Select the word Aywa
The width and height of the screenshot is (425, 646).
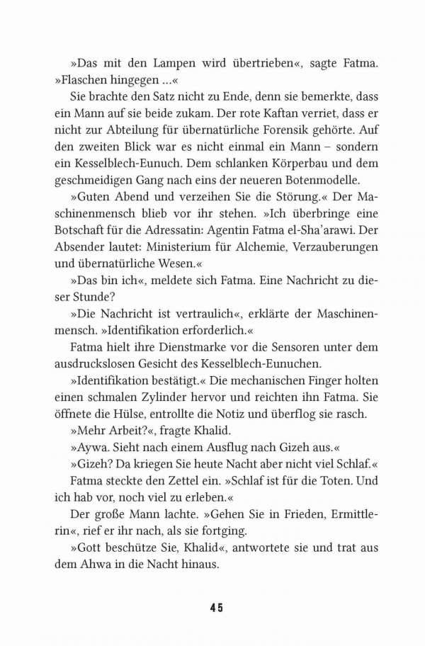pyautogui.click(x=90, y=456)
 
